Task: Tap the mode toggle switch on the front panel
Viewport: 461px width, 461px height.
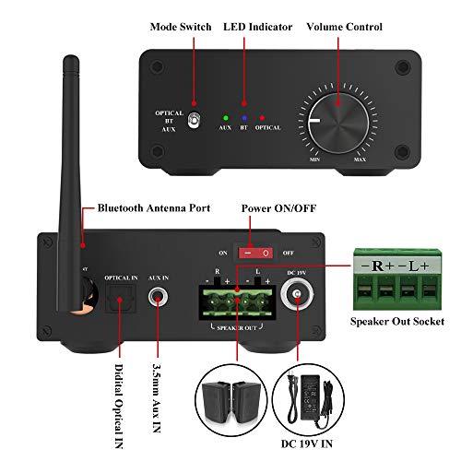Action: [x=195, y=119]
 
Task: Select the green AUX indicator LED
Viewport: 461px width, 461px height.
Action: [x=225, y=117]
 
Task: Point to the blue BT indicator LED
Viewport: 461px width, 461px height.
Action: [x=243, y=117]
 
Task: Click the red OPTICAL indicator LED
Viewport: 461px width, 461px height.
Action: [x=262, y=117]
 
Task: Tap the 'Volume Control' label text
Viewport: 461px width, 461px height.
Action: [x=346, y=27]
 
